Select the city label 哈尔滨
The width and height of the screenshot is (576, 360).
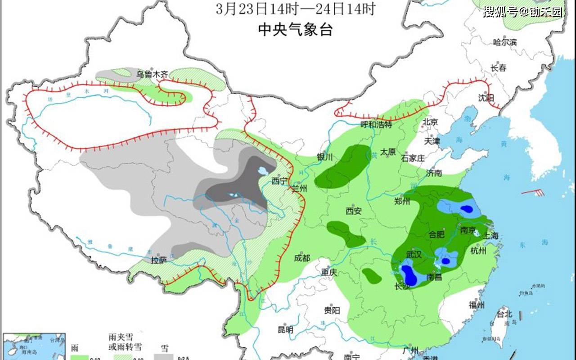(505, 42)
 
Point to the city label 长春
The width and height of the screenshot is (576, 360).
(498, 68)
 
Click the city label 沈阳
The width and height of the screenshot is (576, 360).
(486, 98)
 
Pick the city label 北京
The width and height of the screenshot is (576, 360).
(430, 121)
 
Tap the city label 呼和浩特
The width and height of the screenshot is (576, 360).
(376, 125)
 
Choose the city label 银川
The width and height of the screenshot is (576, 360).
(324, 157)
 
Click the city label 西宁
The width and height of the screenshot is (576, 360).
(279, 181)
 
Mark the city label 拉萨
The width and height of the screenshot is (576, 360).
(159, 260)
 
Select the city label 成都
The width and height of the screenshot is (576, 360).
(302, 258)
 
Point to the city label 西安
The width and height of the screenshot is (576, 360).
(354, 210)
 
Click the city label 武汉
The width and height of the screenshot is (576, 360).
(414, 255)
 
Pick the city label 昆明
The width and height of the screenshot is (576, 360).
(285, 329)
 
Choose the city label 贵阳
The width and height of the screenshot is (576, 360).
(332, 310)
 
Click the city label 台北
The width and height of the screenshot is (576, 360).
(504, 313)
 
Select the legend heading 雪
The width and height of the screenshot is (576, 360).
(165, 347)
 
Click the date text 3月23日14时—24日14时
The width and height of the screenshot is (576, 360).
(295, 9)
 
